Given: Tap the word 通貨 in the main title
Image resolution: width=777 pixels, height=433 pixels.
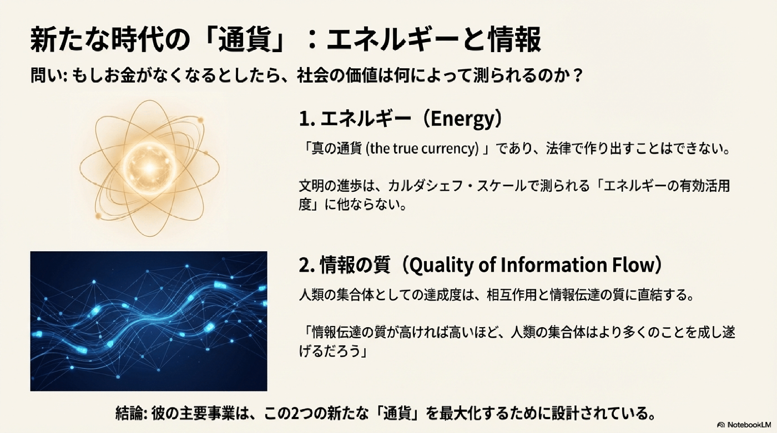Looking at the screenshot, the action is pyautogui.click(x=245, y=40).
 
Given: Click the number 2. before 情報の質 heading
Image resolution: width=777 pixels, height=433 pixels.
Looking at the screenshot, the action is pyautogui.click(x=307, y=266).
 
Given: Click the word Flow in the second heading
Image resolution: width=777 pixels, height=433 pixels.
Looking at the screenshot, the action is pyautogui.click(x=630, y=266).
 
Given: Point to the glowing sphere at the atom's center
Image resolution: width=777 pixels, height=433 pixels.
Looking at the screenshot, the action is pyautogui.click(x=149, y=168).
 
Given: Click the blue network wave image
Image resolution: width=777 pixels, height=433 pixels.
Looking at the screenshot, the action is pyautogui.click(x=149, y=321).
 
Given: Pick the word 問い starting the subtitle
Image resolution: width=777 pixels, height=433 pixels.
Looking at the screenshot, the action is pyautogui.click(x=44, y=76).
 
